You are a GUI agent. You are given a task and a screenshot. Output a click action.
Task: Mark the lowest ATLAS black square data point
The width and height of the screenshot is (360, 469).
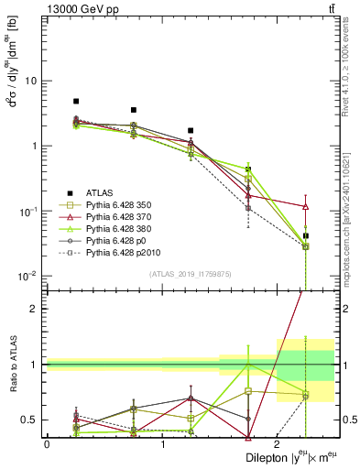306,236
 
